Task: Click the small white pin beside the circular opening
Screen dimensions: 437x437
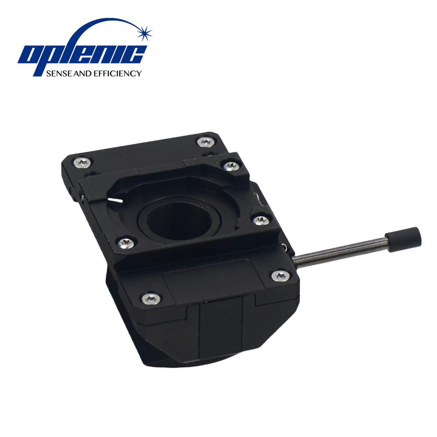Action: point(116,200)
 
